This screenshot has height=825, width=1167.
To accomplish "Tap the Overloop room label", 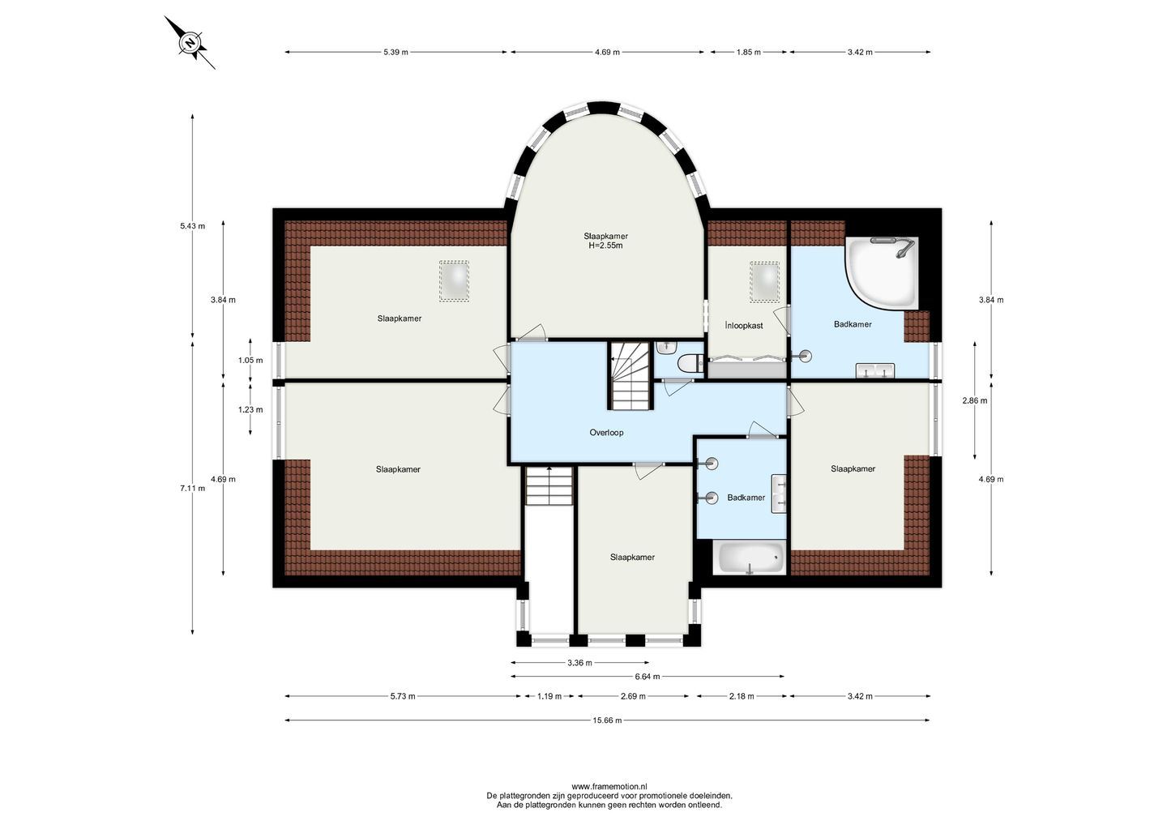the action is click(x=606, y=432).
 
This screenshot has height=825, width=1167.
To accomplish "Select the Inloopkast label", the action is click(x=744, y=326).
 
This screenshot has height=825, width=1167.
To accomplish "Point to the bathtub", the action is click(x=751, y=558).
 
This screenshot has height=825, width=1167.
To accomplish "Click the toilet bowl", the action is click(x=690, y=363).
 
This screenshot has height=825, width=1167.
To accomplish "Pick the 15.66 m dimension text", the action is click(x=607, y=720).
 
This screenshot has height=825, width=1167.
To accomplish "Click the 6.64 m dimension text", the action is click(x=647, y=677).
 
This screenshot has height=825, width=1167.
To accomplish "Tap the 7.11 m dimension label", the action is click(x=192, y=488).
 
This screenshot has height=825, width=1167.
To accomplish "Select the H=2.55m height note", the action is click(x=605, y=246).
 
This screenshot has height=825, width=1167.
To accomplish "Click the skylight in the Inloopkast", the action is click(x=765, y=282).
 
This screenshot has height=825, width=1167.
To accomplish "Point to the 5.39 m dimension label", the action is click(x=395, y=52).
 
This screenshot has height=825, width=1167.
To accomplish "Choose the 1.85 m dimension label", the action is click(x=748, y=52).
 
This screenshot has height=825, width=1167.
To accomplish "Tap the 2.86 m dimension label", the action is click(x=974, y=400).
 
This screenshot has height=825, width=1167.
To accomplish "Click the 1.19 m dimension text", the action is click(x=549, y=696).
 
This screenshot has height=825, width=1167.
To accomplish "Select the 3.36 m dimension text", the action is click(x=579, y=663).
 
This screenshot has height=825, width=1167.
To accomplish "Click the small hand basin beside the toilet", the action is click(x=665, y=346).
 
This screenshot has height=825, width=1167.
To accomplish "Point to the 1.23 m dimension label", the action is click(x=250, y=409).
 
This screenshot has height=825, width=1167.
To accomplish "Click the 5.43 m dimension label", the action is click(x=192, y=226).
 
